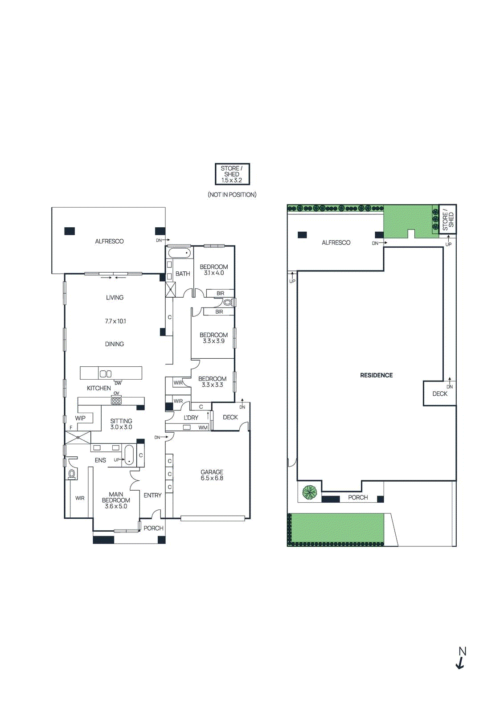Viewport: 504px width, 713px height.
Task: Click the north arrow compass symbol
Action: click(x=461, y=658)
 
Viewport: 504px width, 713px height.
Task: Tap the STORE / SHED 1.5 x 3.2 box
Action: click(x=232, y=174)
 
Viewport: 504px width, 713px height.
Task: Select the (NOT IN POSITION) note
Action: click(x=232, y=195)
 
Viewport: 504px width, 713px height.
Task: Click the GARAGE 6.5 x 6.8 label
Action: click(x=212, y=475)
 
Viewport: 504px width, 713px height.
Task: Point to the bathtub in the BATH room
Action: click(x=179, y=254)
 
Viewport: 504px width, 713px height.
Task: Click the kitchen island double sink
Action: click(x=106, y=374)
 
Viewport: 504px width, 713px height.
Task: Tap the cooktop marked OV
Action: click(x=116, y=401)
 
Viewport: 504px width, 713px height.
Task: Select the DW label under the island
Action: click(x=118, y=383)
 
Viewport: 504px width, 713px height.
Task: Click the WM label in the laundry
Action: click(x=203, y=427)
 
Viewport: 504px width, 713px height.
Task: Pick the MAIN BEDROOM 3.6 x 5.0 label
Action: click(x=116, y=500)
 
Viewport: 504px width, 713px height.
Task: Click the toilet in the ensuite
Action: click(x=72, y=474)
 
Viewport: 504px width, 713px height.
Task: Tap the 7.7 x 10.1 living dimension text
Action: click(x=115, y=321)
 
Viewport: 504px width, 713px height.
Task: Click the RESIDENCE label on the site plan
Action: click(x=376, y=375)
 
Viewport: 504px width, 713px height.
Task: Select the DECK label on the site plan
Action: click(x=439, y=393)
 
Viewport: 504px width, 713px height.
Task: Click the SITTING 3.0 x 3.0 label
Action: click(x=121, y=424)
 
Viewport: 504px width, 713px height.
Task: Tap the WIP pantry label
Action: click(x=80, y=418)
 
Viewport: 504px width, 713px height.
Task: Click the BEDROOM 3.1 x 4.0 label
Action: click(x=214, y=270)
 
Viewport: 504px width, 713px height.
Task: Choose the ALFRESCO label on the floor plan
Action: click(x=109, y=241)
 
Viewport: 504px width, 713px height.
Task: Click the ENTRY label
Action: click(x=152, y=495)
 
